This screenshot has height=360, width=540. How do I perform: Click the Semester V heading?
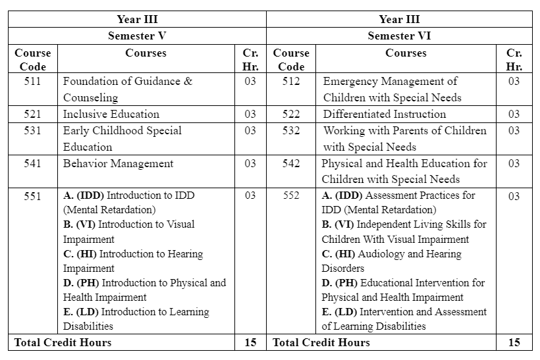click(137, 36)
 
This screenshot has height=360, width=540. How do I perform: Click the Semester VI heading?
click(399, 36)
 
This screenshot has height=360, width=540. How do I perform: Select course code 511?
click(32, 82)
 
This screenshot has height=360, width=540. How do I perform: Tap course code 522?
click(291, 114)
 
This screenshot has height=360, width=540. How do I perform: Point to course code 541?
click(32, 163)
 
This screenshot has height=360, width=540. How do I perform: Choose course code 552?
click(291, 195)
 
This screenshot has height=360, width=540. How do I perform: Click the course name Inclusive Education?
click(111, 114)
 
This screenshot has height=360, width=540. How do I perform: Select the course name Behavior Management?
click(118, 163)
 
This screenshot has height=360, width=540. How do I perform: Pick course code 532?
click(291, 130)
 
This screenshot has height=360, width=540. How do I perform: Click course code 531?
click(32, 130)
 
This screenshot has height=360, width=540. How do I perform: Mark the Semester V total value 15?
click(250, 342)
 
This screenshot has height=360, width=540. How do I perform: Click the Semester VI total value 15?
click(514, 342)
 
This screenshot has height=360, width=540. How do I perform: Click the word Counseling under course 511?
click(90, 97)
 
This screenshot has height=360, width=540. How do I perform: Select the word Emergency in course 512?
click(350, 82)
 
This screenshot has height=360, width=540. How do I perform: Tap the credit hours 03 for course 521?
click(250, 114)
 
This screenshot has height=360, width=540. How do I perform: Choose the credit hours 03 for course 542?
click(514, 163)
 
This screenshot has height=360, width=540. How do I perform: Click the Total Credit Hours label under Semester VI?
click(321, 342)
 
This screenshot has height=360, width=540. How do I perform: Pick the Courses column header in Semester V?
click(146, 53)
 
